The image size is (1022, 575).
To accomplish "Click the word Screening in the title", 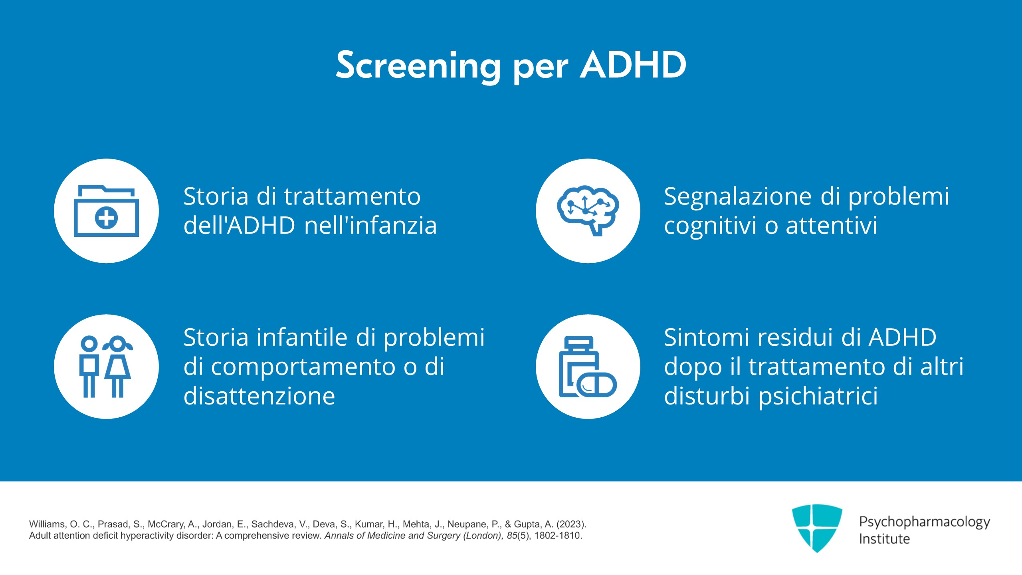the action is [x=418, y=66].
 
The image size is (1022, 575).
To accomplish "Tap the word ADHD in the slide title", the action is [x=633, y=65].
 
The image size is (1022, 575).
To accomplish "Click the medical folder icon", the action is [x=106, y=210].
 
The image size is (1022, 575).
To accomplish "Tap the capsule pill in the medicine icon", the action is [x=597, y=385].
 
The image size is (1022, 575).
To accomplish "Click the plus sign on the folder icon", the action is [x=106, y=218].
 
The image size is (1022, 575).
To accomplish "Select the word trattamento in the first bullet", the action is [x=353, y=196].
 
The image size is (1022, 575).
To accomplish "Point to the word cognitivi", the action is [x=710, y=226].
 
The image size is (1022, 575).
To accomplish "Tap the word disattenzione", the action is [x=259, y=396].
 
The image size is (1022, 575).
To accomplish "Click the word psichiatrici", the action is [x=818, y=396].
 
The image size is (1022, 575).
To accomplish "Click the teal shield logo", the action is [x=817, y=528].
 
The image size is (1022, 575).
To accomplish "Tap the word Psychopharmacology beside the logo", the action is [x=925, y=522].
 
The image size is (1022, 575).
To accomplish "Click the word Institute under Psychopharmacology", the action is [x=884, y=539].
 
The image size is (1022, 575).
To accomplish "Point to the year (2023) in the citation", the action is [x=571, y=524].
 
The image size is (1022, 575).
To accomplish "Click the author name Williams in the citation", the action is [x=48, y=524].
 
